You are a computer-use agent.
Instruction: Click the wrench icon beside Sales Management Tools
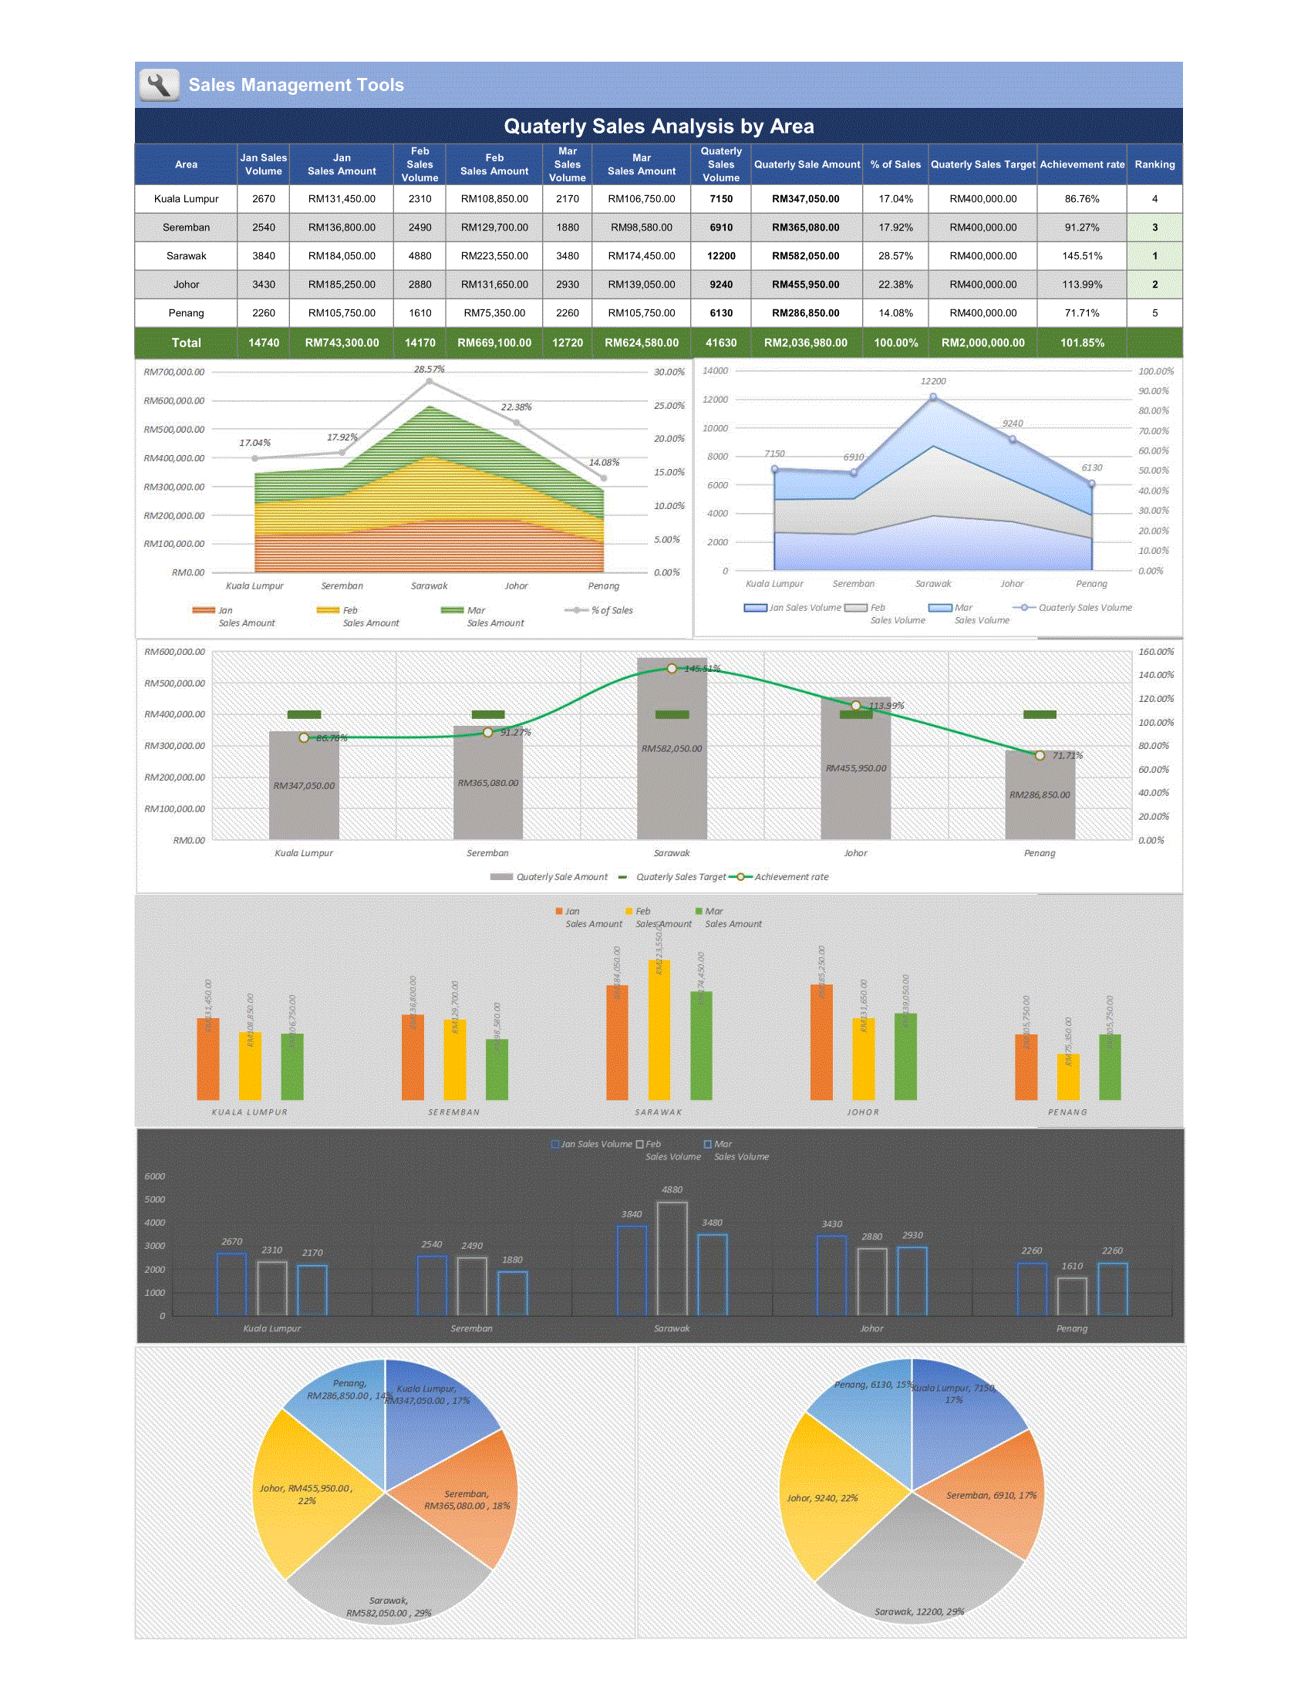tap(159, 85)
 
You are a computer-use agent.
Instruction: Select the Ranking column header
tap(1154, 165)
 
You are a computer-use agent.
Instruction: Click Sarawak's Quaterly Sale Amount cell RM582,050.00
tap(805, 255)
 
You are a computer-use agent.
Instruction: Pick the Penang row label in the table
tap(187, 313)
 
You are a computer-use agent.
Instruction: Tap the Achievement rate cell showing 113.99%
tap(1082, 285)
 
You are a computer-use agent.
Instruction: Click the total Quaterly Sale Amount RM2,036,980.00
tap(805, 342)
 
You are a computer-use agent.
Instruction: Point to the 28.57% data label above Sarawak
tap(429, 369)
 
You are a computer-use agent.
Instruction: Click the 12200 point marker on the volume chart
tap(933, 398)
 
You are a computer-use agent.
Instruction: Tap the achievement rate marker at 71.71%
tap(1040, 755)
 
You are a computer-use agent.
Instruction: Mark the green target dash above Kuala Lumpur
tap(304, 715)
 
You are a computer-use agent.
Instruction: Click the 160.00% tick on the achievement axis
tap(1156, 652)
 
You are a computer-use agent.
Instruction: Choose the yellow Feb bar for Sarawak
tap(659, 1030)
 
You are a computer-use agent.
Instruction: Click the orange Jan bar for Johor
tap(821, 1042)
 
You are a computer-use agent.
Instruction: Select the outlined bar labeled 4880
tap(672, 1259)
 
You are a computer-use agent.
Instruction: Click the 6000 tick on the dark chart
tap(155, 1176)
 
